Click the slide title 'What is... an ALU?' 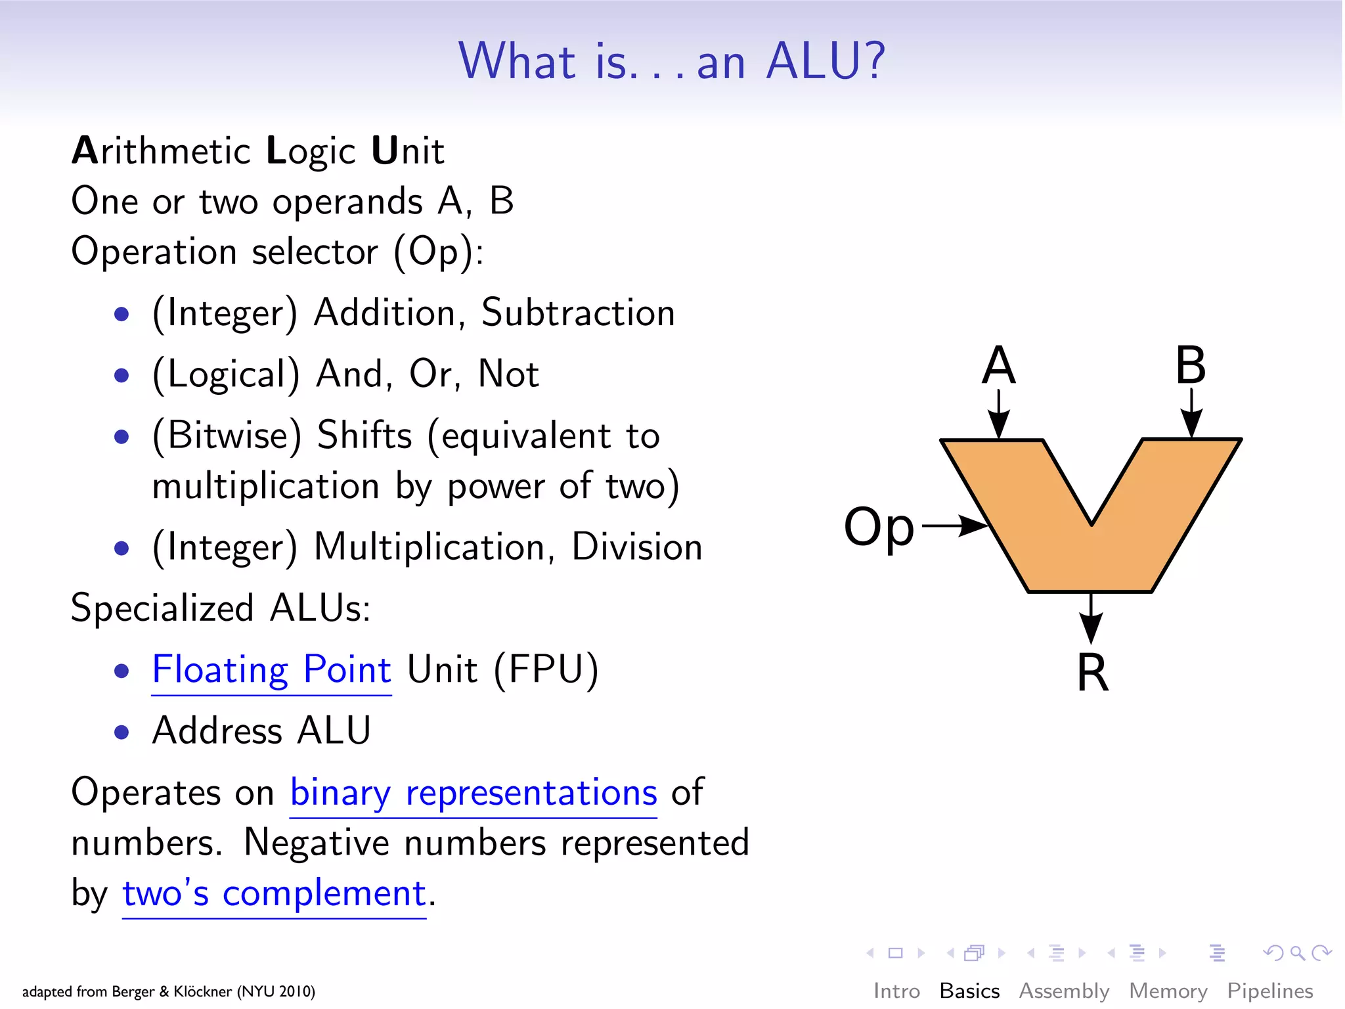(672, 61)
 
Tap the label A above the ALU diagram (998, 365)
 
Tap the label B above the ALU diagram (1190, 365)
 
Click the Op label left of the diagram (879, 527)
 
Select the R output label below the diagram (1092, 673)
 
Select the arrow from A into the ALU (998, 414)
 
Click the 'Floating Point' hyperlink (271, 670)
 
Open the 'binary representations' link (473, 793)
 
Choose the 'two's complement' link (274, 893)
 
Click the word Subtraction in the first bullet (578, 313)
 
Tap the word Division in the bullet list (636, 547)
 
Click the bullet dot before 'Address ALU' (121, 732)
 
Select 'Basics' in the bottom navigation (969, 991)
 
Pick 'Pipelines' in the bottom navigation (1269, 991)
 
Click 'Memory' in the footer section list (1168, 991)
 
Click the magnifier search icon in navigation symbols (1297, 953)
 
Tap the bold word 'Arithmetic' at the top (161, 151)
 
